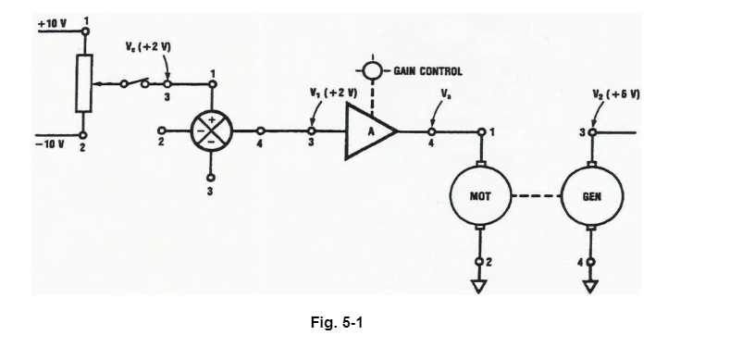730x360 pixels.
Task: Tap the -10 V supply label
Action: point(50,143)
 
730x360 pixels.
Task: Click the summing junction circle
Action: point(212,132)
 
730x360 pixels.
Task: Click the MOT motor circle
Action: point(479,196)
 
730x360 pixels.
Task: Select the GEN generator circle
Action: point(592,196)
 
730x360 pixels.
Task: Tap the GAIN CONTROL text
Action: point(427,70)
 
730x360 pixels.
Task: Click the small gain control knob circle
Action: point(372,70)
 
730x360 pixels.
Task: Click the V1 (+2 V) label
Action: point(332,93)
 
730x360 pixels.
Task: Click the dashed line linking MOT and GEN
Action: point(536,196)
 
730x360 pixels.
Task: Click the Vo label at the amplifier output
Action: point(446,93)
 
